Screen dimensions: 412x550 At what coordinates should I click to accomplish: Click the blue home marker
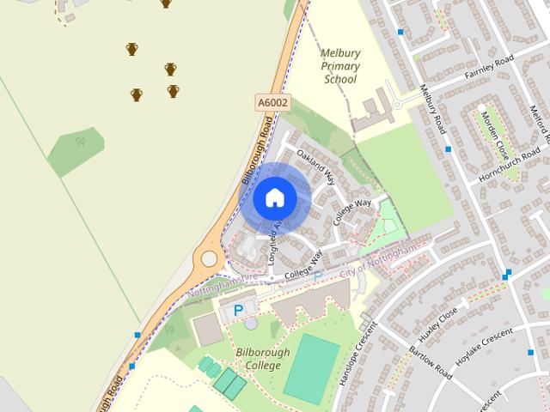(275, 197)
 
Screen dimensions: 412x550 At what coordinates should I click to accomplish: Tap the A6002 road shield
(272, 102)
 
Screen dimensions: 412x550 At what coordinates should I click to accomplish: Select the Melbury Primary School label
(340, 66)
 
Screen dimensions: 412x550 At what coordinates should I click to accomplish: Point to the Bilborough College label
(263, 359)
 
